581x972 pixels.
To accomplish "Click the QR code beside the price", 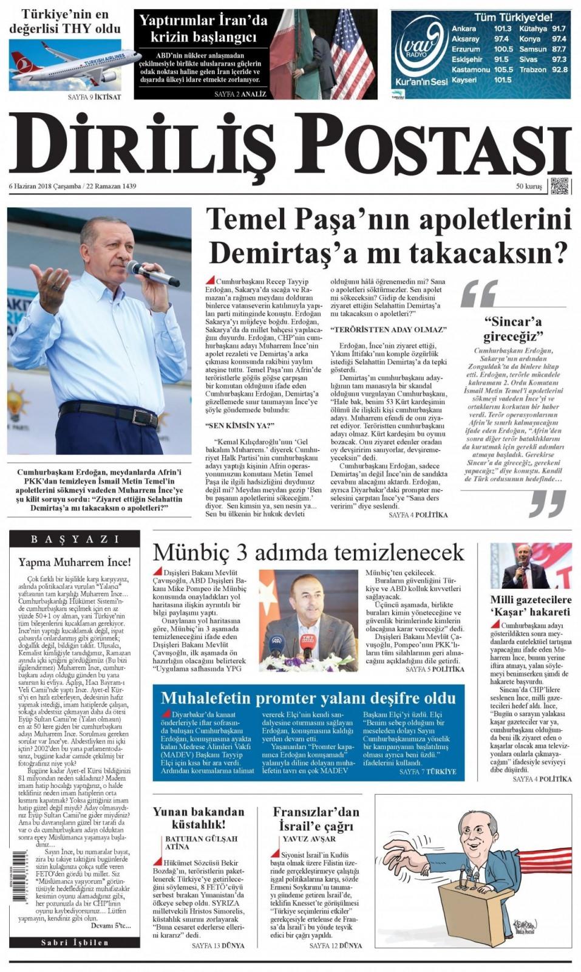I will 560,186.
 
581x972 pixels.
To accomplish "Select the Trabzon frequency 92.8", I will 559,70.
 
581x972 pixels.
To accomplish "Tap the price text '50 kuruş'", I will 529,187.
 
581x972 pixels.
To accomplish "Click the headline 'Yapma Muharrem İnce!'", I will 75,562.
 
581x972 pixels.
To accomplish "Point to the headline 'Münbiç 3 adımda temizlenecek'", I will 308,552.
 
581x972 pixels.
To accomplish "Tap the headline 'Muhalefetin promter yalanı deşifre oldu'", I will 308,697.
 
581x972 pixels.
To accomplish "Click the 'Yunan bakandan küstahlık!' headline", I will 199,817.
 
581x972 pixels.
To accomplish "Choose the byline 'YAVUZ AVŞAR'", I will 309,839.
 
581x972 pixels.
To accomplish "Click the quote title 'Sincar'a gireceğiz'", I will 512,329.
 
